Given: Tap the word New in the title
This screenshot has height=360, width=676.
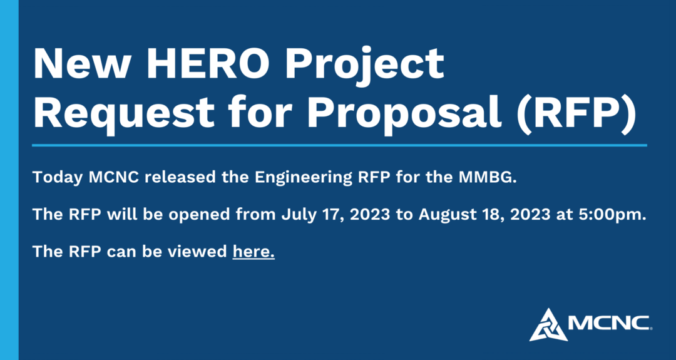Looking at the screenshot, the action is (x=82, y=63).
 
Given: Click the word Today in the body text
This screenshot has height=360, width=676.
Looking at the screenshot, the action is (x=58, y=178).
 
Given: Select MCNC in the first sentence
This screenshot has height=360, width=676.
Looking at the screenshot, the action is (x=114, y=177).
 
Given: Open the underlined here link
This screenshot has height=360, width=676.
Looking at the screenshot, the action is (x=253, y=251).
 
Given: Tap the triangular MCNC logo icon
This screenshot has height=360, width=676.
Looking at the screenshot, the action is (x=548, y=324).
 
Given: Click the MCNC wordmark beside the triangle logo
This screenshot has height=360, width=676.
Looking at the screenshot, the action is (x=609, y=323).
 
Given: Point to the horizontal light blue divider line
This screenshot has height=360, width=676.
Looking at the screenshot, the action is (x=339, y=145).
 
